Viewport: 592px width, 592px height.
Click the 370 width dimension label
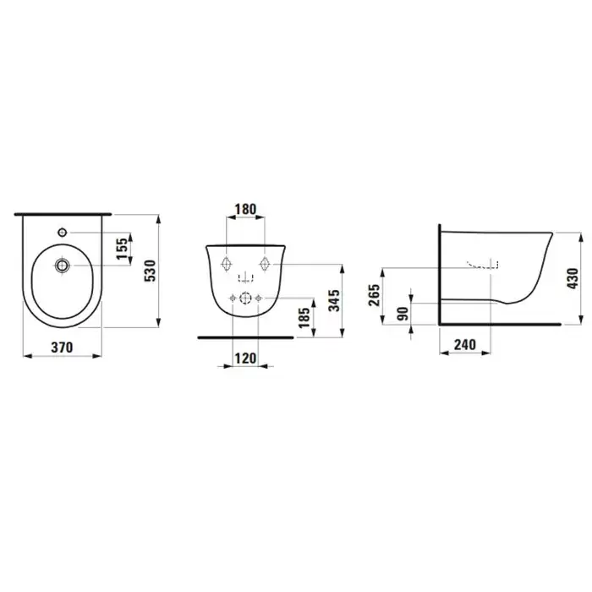[x=62, y=348]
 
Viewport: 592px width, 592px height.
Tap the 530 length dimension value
[x=150, y=271]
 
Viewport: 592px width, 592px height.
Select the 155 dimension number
[x=122, y=249]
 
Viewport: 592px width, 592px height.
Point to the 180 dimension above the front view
[x=245, y=209]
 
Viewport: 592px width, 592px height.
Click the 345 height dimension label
[x=334, y=300]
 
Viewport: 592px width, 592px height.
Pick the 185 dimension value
[x=304, y=318]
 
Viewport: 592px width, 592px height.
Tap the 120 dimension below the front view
[x=245, y=358]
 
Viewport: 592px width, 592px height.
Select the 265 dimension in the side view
[x=374, y=295]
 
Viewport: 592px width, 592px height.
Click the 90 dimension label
[x=403, y=314]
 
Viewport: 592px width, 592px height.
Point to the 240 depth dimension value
[x=465, y=344]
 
